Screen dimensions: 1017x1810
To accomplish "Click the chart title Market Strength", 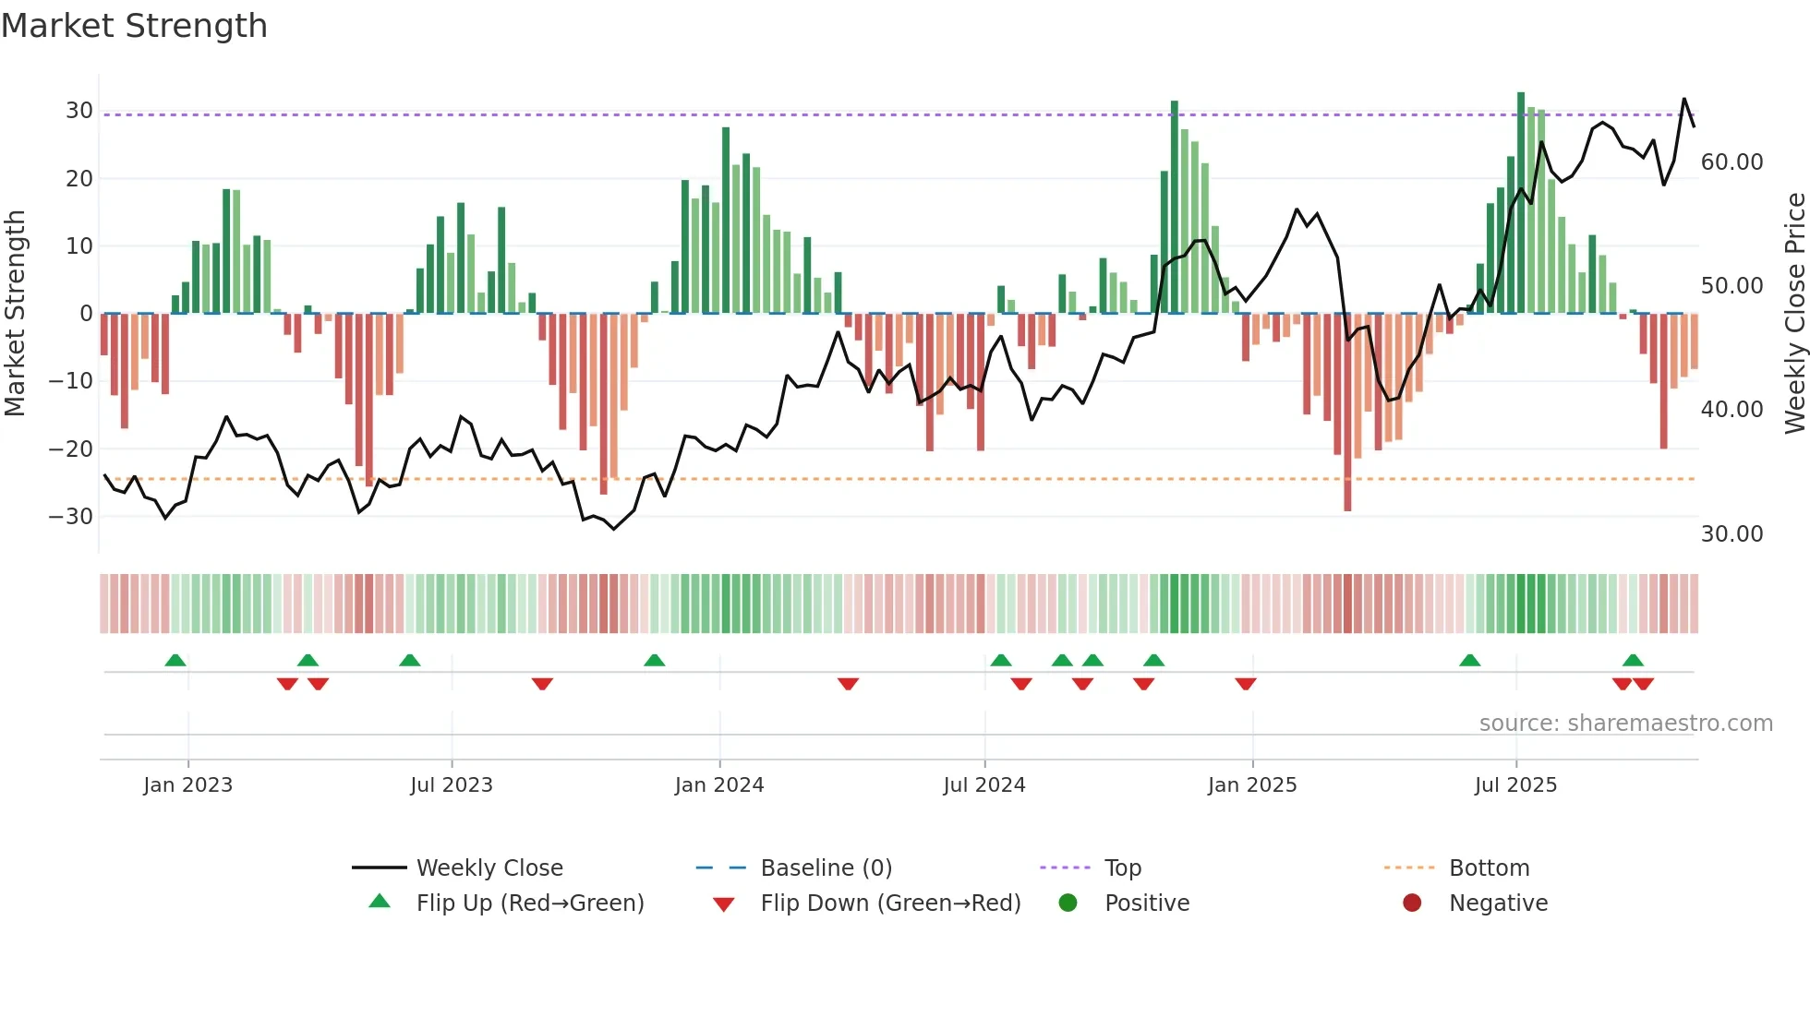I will point(134,26).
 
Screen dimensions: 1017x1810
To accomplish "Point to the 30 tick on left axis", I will point(79,111).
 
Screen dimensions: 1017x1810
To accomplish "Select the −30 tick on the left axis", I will point(72,517).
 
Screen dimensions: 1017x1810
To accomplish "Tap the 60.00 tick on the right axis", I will point(1732,162).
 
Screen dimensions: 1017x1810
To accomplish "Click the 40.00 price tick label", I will point(1732,410).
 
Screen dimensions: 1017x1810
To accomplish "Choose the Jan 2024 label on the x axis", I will point(719,785).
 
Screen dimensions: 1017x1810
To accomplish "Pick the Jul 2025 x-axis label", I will point(1515,785).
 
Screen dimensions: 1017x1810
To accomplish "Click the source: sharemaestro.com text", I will point(1625,724).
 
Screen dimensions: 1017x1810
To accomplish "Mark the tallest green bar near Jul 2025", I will point(1521,203).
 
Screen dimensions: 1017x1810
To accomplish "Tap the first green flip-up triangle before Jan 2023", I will point(175,660).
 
